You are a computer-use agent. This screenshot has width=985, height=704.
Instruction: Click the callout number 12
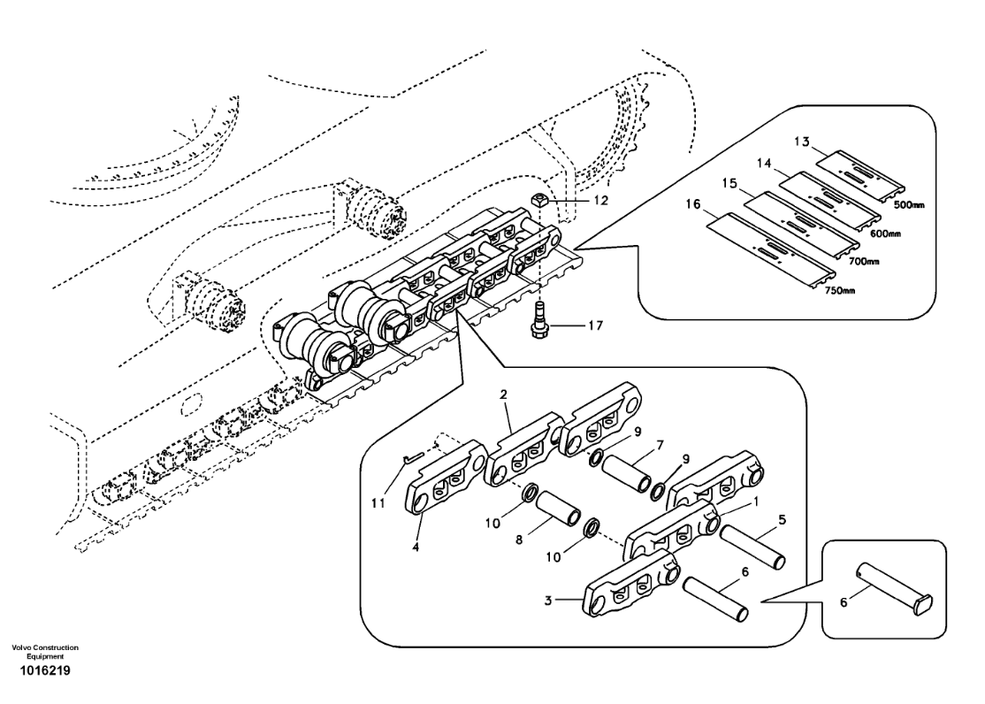tap(600, 201)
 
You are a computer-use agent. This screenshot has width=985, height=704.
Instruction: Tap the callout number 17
tap(595, 325)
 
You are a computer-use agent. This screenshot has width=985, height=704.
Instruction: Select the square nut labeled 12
tap(541, 201)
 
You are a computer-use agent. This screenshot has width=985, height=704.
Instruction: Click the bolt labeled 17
tap(539, 318)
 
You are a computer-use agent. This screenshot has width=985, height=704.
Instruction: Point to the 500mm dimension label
tap(910, 205)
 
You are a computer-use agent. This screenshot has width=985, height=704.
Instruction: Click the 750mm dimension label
tap(839, 290)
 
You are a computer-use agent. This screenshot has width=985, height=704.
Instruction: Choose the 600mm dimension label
tap(885, 233)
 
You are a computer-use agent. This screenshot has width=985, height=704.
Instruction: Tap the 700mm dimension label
tap(864, 261)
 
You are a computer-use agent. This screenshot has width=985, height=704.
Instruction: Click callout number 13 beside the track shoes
tap(802, 142)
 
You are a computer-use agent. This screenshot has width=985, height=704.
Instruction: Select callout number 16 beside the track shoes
tap(692, 204)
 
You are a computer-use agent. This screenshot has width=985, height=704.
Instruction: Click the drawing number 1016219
tap(44, 670)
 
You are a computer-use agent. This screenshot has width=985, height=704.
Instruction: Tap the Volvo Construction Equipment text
tap(45, 651)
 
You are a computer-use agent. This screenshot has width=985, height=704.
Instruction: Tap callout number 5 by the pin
tap(782, 520)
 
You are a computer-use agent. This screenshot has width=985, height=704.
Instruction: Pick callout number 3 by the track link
tap(548, 601)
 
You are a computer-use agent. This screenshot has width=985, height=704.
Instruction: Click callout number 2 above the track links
tap(503, 394)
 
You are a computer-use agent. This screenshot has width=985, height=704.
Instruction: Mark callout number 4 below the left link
tap(416, 547)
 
